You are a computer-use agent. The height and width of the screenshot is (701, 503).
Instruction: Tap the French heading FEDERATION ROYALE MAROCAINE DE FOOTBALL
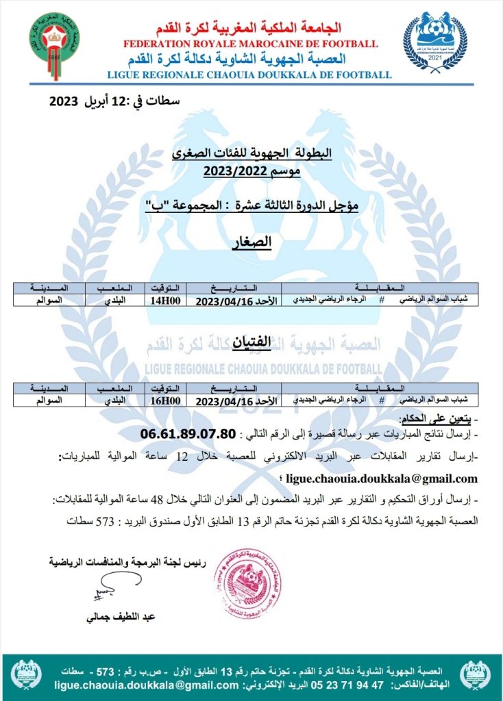250,44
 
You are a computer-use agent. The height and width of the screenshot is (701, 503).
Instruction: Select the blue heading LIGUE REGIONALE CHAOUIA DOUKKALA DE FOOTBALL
249,75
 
